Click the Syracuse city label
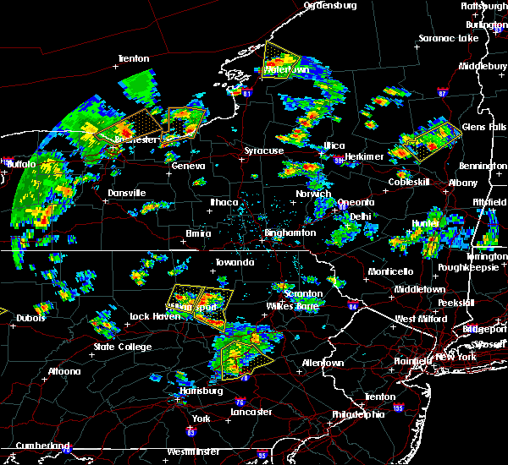pos(264,150)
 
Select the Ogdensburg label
pos(331,5)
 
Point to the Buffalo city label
pos(16,163)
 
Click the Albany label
pos(463,183)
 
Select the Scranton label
pos(302,293)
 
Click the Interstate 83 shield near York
pos(190,432)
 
